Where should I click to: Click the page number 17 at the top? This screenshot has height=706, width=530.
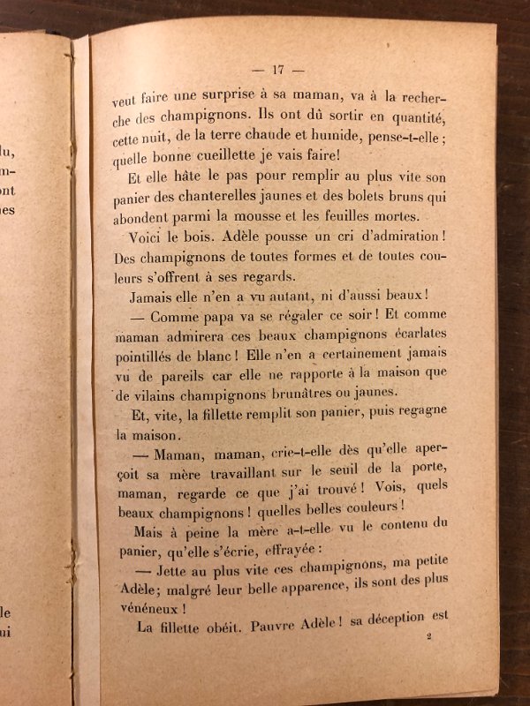point(277,71)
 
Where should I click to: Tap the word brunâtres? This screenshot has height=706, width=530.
point(305,394)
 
